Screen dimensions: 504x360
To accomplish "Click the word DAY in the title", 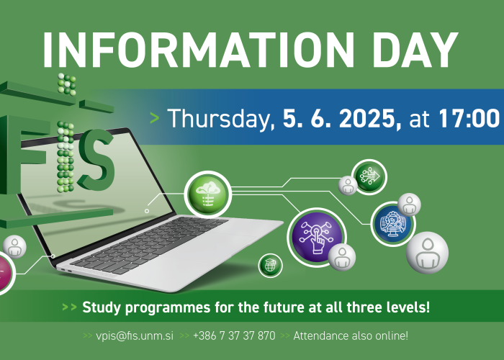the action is pos(415,50).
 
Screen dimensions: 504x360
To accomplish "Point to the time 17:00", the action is pos(469,119).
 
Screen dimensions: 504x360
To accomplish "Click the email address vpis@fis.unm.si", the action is pos(135,336).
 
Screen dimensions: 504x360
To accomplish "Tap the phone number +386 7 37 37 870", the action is pos(234,336).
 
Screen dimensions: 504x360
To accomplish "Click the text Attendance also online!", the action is pos(351,336).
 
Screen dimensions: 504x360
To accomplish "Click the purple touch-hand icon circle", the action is pos(317,237).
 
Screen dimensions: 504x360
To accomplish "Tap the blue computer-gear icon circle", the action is pos(393,224).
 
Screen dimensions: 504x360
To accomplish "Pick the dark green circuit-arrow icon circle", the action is pos(369,177).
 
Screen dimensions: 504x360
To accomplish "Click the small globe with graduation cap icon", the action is pos(270,266).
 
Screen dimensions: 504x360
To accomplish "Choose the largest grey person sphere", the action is pos(427,253).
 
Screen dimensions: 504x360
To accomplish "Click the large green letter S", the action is pos(96,160).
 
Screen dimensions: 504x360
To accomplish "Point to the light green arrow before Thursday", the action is pos(155,118).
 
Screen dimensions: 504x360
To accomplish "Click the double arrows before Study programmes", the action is pos(69,307).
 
